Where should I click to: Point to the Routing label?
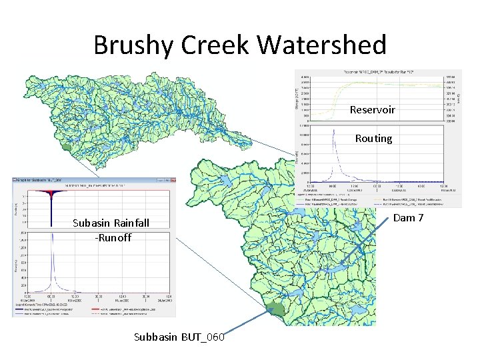[x=373, y=139]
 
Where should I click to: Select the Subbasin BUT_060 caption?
[x=179, y=337]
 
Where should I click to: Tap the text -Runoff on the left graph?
[x=112, y=237]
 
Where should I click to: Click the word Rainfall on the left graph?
[x=130, y=223]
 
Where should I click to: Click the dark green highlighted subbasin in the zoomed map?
[x=273, y=309]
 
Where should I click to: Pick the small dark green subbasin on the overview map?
[x=65, y=147]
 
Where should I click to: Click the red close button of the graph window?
[x=172, y=180]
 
